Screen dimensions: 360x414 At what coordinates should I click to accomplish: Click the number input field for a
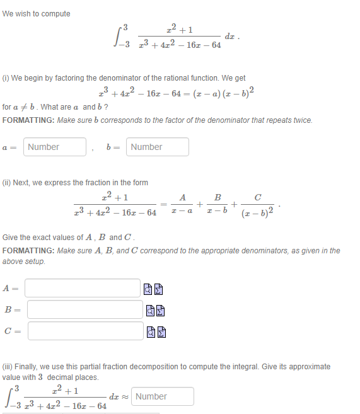tap(55, 147)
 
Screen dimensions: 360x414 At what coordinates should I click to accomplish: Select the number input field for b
tap(158, 147)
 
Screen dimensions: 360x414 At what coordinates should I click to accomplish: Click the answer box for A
tap(83, 289)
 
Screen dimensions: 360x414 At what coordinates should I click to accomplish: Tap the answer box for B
tap(85, 309)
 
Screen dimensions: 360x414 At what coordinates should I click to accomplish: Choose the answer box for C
tap(85, 331)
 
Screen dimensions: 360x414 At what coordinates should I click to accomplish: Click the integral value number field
tap(163, 396)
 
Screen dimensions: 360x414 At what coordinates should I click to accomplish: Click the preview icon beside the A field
tap(148, 289)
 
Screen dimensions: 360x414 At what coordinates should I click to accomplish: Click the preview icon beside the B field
tap(150, 310)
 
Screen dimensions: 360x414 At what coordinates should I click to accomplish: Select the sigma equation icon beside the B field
tap(161, 310)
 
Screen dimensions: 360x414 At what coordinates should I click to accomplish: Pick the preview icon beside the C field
tap(150, 331)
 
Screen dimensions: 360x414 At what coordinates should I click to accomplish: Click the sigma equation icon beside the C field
tap(161, 331)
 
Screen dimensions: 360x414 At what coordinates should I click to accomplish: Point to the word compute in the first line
tap(55, 14)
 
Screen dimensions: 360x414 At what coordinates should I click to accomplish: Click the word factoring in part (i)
tap(67, 78)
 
